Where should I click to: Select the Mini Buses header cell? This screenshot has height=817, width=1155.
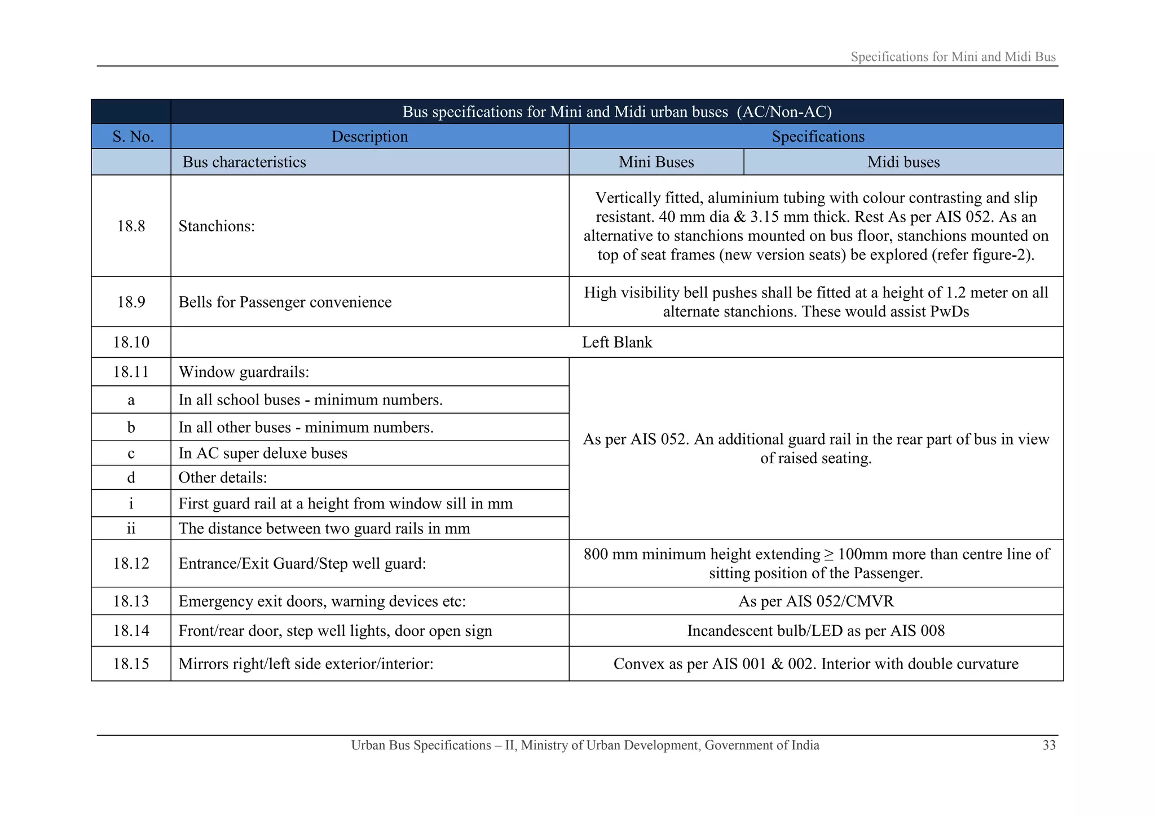[x=656, y=162]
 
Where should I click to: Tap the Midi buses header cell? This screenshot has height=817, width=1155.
[x=903, y=162]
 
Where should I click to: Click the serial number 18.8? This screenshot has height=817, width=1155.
[x=131, y=226]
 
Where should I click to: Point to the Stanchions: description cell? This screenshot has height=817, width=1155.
[x=217, y=226]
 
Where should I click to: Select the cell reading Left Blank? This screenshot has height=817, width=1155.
[x=616, y=342]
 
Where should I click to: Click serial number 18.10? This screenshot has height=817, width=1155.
[x=131, y=342]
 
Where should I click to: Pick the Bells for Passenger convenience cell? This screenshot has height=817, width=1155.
[x=285, y=302]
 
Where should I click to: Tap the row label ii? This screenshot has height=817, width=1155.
[x=131, y=529]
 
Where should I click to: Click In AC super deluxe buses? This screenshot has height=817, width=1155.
[x=263, y=454]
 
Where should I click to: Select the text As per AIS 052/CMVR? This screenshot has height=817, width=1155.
[x=815, y=601]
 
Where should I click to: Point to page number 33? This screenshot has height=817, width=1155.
[x=1048, y=745]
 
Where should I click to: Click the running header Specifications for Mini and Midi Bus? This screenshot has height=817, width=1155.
[x=953, y=57]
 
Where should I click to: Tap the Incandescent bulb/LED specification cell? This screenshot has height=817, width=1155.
[x=815, y=631]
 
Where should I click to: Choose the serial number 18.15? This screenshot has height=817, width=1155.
[x=131, y=664]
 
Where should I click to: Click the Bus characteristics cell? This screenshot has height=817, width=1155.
[x=244, y=162]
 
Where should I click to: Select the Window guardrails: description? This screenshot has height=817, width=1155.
[x=244, y=372]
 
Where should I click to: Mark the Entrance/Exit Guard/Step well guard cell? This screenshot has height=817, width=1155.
[x=302, y=564]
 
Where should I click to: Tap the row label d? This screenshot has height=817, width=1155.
[x=131, y=478]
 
